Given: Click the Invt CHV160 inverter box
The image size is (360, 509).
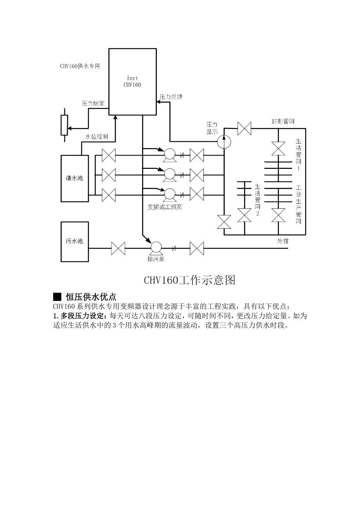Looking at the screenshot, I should tap(133, 81).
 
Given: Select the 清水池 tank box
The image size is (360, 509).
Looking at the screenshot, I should tap(75, 178).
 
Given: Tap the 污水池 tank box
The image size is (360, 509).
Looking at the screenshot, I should tap(75, 241).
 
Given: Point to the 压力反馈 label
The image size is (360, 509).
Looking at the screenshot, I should tap(171, 97).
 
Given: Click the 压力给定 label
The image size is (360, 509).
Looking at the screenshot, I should tap(93, 103).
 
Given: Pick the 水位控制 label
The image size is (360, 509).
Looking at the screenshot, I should tap(97, 136).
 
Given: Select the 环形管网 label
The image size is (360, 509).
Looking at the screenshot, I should tap(283, 122).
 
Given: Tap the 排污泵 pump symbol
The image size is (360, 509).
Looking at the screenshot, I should tap(155, 248).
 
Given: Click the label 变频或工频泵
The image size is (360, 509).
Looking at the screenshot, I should tap(165, 207).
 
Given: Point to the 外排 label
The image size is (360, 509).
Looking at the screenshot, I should tap(283, 240).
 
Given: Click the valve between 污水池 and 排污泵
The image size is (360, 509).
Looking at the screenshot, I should tap(118, 248).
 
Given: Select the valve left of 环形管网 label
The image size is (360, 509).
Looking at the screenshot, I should tap(244, 128).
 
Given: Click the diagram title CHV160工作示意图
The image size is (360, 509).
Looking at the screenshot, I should tap(189, 280).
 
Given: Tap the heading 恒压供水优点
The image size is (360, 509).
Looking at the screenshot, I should tap(91, 297).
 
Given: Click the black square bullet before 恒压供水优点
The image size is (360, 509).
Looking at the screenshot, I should tap(57, 297).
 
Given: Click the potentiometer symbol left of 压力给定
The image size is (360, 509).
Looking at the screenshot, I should tap(64, 125).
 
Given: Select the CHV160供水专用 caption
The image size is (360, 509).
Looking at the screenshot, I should tap(80, 66).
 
